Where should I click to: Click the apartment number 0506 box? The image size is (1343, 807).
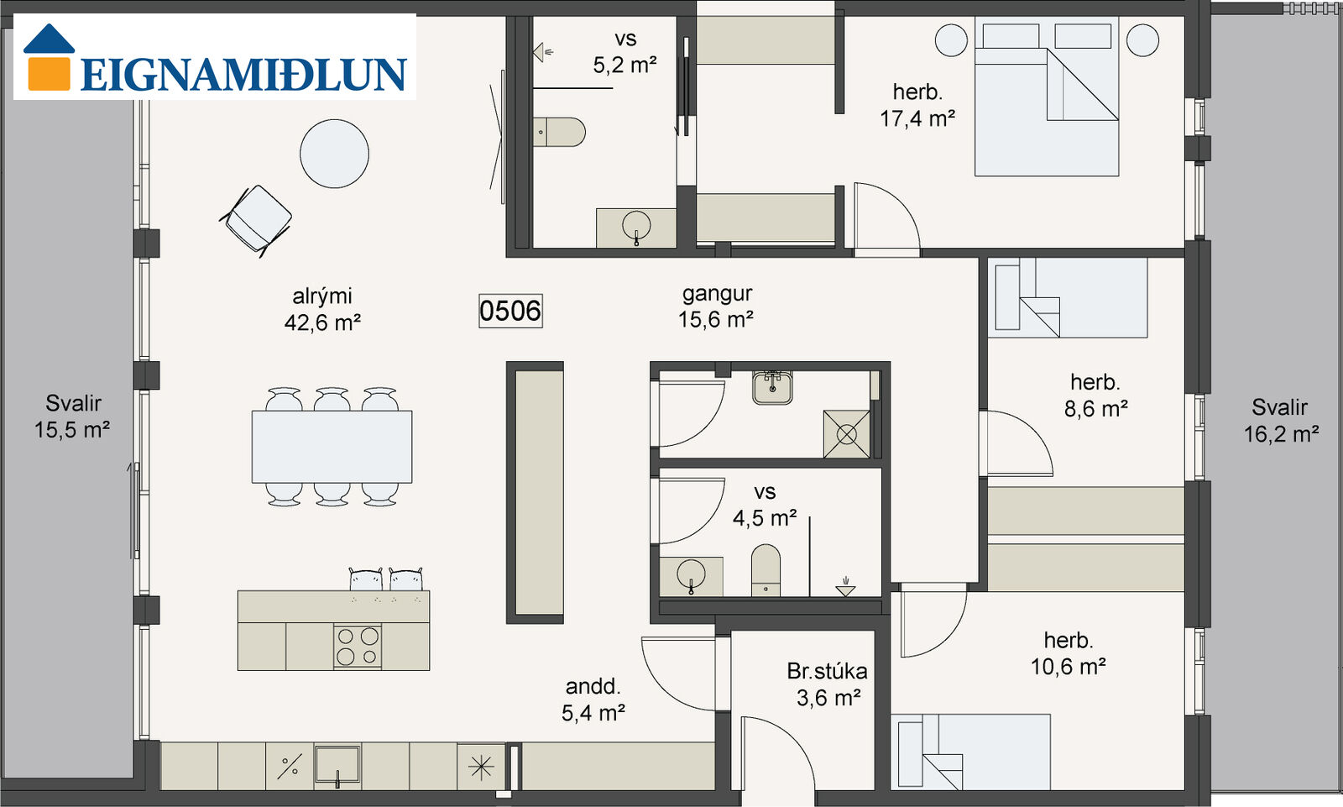[x=510, y=311]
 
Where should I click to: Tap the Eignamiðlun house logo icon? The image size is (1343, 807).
[x=49, y=57]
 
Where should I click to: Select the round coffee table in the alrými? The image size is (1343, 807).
[x=334, y=154]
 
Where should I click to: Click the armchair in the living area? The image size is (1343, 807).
[x=256, y=220]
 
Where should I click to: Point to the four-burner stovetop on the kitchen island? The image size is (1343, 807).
[x=358, y=646]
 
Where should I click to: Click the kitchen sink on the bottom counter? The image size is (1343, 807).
[x=337, y=766]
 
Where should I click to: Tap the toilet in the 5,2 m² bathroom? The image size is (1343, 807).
[x=559, y=132]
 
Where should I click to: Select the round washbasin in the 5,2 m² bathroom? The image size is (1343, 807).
[x=636, y=226]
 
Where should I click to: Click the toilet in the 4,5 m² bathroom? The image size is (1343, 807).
[x=766, y=570]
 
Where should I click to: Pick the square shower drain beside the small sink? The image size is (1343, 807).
[x=847, y=434]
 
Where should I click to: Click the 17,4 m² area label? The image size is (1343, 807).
[x=917, y=118]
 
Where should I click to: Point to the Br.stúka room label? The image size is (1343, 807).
[x=827, y=672]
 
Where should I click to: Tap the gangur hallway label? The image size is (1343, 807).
[x=717, y=294]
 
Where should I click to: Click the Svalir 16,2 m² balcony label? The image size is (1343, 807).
[x=1281, y=421]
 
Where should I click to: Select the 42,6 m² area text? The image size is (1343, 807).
[x=322, y=322]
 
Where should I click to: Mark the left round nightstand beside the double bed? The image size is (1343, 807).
[x=951, y=40]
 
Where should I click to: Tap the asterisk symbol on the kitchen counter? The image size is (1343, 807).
[x=481, y=767]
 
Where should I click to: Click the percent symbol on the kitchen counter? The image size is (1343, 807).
[x=290, y=767]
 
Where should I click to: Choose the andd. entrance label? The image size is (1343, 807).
[x=593, y=686]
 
